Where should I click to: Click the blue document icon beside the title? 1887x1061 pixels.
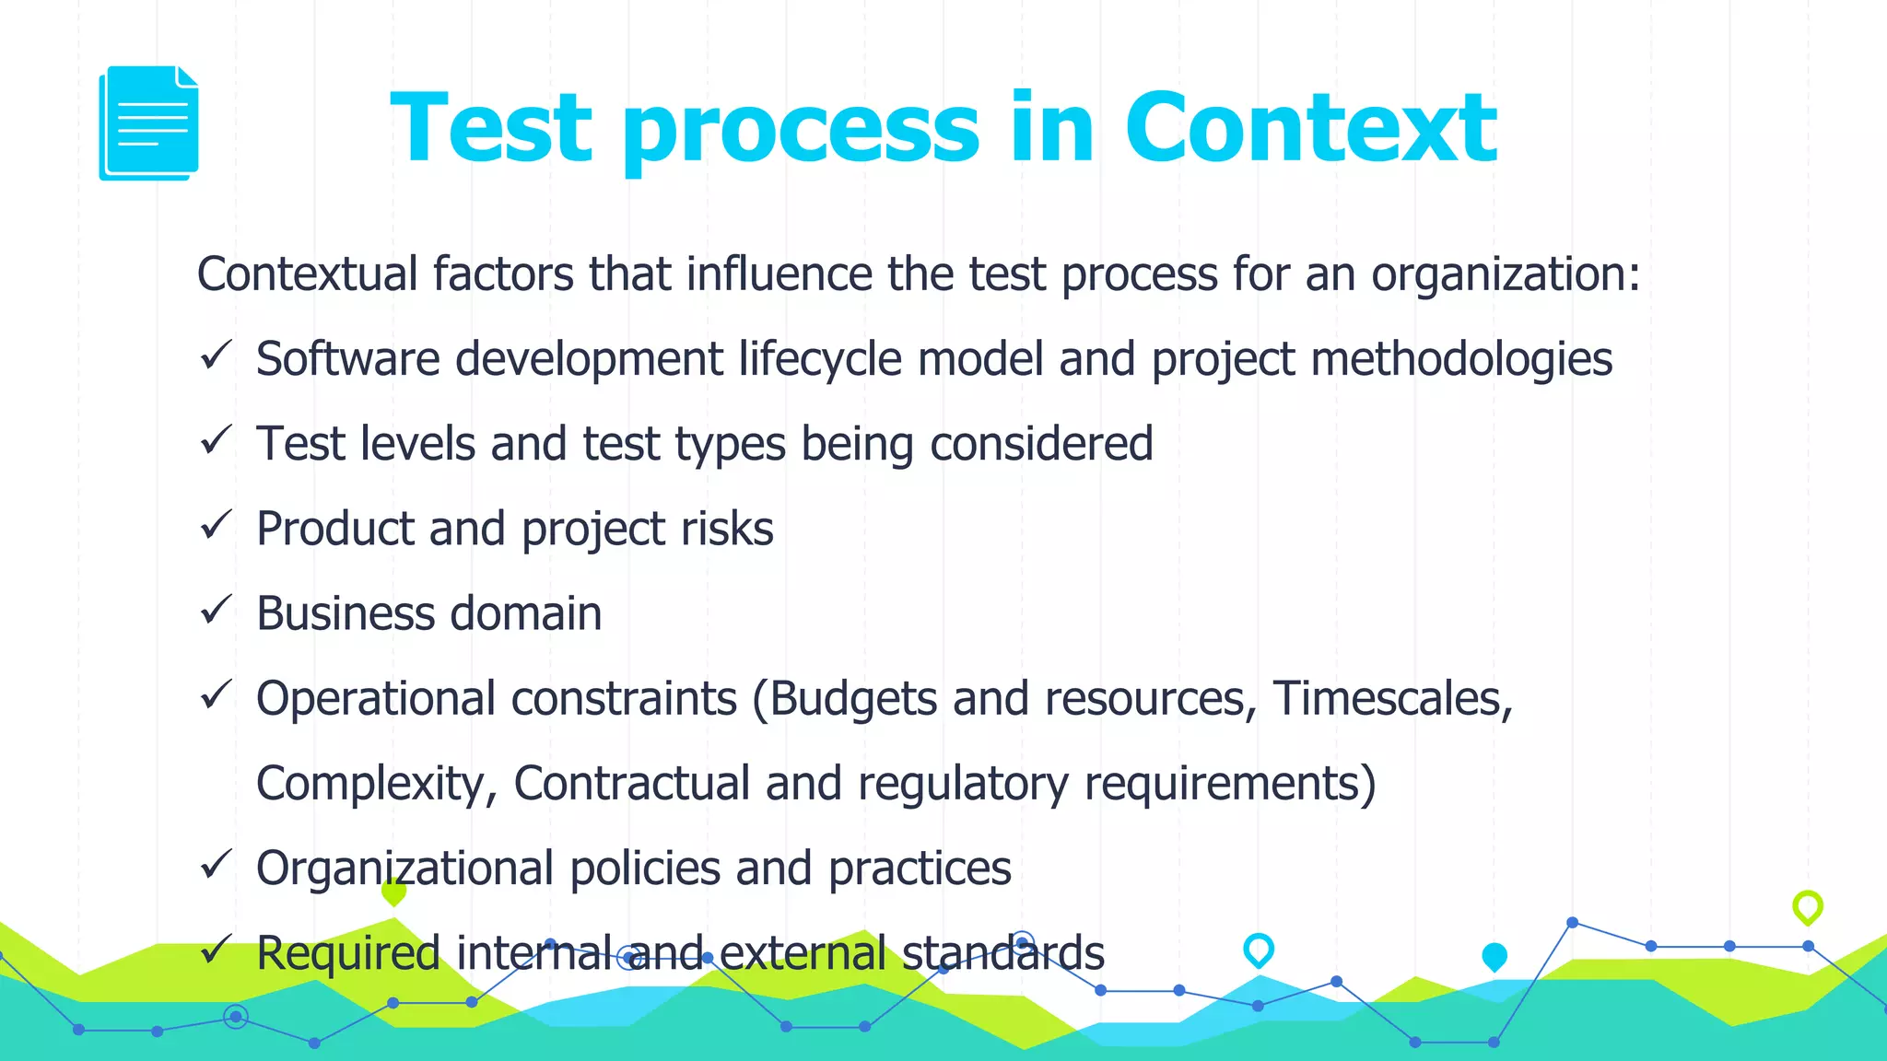tap(148, 122)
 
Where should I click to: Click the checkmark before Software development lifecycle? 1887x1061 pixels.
tap(215, 356)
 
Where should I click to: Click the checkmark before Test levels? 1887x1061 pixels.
tap(215, 441)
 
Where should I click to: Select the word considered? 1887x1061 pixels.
tap(1041, 444)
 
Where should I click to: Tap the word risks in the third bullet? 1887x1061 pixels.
tap(727, 529)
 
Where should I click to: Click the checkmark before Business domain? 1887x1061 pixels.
tap(215, 611)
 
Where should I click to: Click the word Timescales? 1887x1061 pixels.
tap(1392, 698)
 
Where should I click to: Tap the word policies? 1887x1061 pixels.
tap(645, 869)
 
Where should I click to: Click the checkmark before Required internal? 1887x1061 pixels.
tap(215, 950)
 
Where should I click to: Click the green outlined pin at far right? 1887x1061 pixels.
tap(1808, 907)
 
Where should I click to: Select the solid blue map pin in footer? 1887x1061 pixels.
tap(1494, 957)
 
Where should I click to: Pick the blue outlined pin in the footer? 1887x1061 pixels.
tap(1259, 950)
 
